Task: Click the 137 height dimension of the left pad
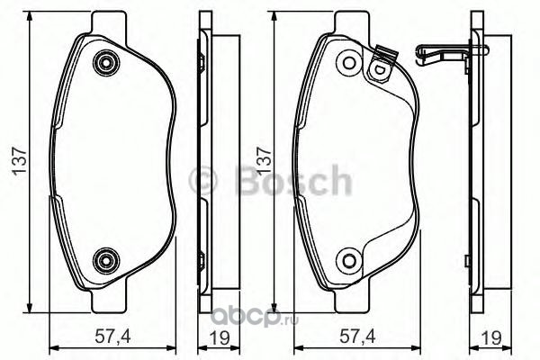click(x=20, y=161)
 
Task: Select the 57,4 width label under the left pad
click(x=113, y=337)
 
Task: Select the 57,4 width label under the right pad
click(x=357, y=337)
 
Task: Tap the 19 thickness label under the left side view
click(x=219, y=337)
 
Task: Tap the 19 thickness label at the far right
click(x=490, y=337)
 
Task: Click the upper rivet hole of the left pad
click(x=106, y=63)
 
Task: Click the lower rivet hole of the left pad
click(x=106, y=260)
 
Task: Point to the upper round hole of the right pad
click(x=349, y=63)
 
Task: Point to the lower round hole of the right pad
click(x=349, y=260)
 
